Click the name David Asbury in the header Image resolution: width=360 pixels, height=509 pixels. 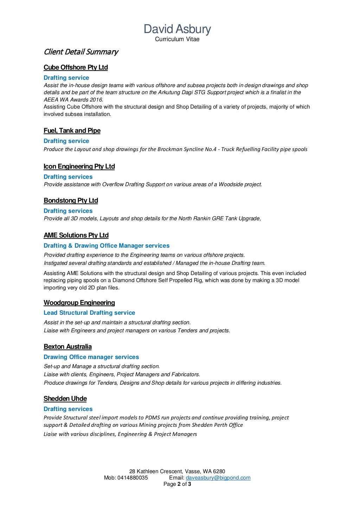(177, 29)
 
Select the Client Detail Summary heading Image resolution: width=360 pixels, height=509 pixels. (81, 52)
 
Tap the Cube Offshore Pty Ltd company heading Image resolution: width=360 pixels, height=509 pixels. (76, 67)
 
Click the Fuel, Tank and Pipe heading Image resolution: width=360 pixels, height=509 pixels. (72, 131)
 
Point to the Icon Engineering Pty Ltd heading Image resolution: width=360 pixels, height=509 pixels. (79, 167)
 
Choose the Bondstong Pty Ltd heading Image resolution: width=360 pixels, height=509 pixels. (71, 201)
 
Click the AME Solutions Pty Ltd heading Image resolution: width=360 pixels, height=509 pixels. (76, 235)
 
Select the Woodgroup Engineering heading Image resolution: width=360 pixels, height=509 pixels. (79, 303)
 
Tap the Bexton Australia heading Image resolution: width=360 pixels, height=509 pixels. (67, 347)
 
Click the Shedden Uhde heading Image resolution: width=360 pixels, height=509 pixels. (65, 399)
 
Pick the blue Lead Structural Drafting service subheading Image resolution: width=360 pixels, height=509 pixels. (89, 313)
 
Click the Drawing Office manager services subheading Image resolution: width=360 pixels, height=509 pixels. (91, 357)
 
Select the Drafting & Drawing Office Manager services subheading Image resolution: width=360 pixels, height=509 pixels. (107, 246)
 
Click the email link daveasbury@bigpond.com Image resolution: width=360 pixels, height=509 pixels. (218, 478)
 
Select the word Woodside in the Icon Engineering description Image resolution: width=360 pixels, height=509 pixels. (231, 184)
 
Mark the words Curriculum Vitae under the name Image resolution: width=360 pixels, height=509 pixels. (177, 39)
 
